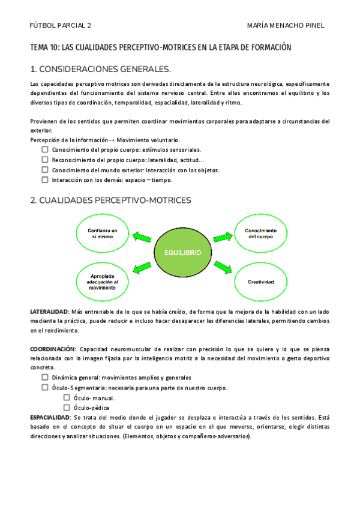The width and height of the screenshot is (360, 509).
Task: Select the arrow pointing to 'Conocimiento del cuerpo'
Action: pyautogui.click(x=222, y=238)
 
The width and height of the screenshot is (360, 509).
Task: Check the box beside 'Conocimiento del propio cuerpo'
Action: pyautogui.click(x=45, y=149)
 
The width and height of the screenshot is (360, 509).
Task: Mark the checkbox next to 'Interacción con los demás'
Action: pyautogui.click(x=45, y=179)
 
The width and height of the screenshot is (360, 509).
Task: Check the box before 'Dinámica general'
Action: pyautogui.click(x=45, y=378)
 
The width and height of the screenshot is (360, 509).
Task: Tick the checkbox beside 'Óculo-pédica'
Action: pyautogui.click(x=67, y=408)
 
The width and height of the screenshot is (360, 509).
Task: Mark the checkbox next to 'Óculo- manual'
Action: pyautogui.click(x=67, y=397)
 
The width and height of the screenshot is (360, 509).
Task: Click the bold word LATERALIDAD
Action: pyautogui.click(x=49, y=312)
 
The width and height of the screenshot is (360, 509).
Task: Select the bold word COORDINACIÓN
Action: pyautogui.click(x=53, y=349)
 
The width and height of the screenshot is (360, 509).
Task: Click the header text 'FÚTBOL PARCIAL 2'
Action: pyautogui.click(x=61, y=26)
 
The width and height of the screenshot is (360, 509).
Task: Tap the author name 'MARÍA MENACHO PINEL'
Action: pyautogui.click(x=286, y=26)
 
